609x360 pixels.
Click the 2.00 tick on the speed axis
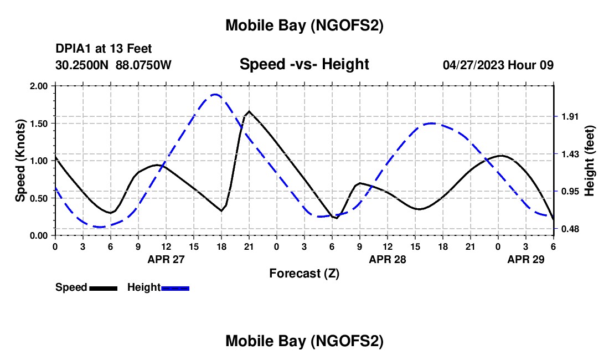click(39, 86)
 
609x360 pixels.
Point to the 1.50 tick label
click(39, 124)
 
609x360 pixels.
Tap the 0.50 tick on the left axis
click(39, 198)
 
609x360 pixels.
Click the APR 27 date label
click(166, 259)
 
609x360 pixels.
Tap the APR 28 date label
click(388, 259)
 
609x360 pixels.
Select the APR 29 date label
click(526, 259)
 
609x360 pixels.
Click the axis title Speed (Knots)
click(20, 161)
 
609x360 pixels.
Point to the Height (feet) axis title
click(589, 161)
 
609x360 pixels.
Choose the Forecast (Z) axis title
click(304, 273)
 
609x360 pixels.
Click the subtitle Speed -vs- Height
click(304, 64)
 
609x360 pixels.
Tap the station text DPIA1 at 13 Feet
click(104, 49)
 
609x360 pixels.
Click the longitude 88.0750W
click(144, 65)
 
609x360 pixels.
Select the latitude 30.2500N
click(83, 65)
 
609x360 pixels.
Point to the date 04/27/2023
click(473, 65)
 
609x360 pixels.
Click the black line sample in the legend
click(103, 287)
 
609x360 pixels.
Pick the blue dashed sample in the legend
click(176, 287)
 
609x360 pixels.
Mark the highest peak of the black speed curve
click(249, 111)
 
